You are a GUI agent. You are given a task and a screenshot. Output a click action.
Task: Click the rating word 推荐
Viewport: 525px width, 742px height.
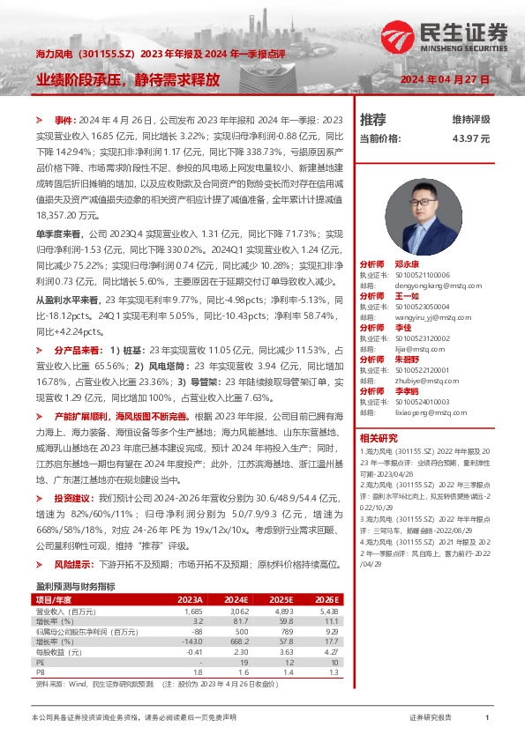click(372, 120)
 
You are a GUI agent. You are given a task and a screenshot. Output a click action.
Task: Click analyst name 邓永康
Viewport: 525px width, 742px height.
click(407, 263)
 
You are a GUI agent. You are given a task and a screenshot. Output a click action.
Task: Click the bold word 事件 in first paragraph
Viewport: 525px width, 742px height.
click(64, 119)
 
